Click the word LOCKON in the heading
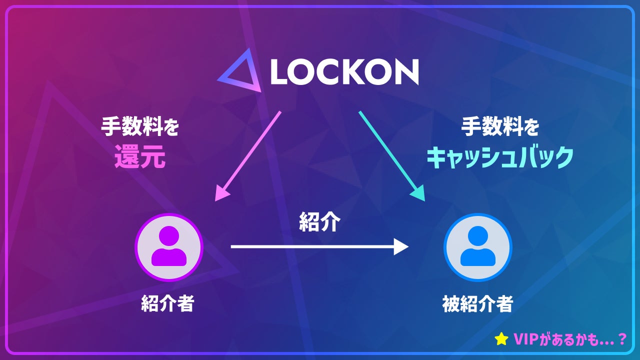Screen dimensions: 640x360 pos(344,72)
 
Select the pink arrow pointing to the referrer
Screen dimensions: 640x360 pos(248,155)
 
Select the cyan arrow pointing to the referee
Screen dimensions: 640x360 pos(391,155)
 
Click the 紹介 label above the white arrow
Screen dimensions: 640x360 pos(319,222)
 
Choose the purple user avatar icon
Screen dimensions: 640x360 pos(168,247)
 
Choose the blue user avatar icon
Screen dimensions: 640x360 pos(477,247)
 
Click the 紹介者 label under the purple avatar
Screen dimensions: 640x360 pos(167,303)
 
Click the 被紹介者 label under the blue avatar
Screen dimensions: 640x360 pos(477,303)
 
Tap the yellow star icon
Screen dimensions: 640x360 pos(501,339)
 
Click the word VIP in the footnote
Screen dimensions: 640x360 pos(526,339)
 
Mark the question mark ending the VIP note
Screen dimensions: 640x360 pos(621,339)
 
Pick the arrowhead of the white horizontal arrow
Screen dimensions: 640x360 pos(401,246)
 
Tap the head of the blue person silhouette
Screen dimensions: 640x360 pos(477,235)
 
